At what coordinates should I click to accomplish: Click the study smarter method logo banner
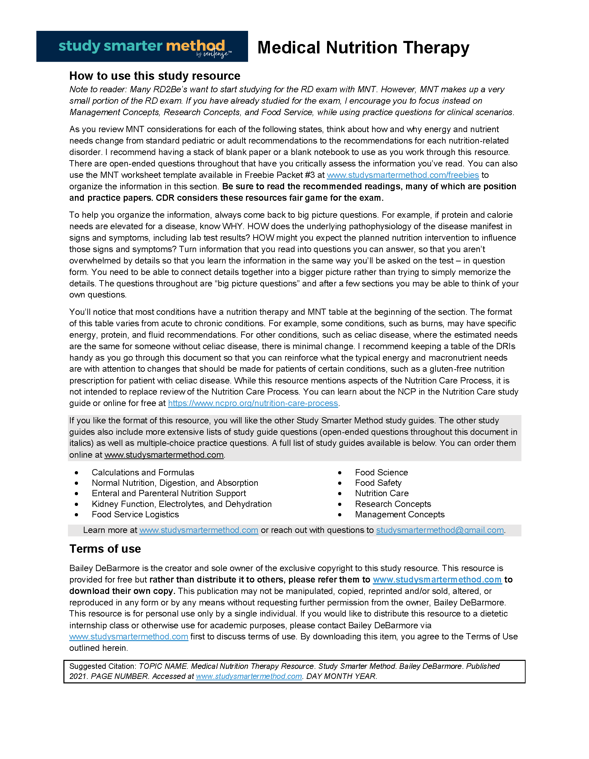pyautogui.click(x=142, y=46)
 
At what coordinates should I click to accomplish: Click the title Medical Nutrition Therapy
pyautogui.click(x=363, y=48)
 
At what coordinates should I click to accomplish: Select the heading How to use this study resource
pyautogui.click(x=155, y=76)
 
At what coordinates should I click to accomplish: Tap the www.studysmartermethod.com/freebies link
pyautogui.click(x=403, y=175)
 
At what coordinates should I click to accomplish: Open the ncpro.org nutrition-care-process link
pyautogui.click(x=253, y=403)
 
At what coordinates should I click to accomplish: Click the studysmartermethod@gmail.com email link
pyautogui.click(x=440, y=530)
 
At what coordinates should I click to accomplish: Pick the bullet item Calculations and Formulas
pyautogui.click(x=143, y=472)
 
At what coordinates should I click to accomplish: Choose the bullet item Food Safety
pyautogui.click(x=378, y=483)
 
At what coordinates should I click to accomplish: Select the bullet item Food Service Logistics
pyautogui.click(x=135, y=514)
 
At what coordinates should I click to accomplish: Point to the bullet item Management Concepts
pyautogui.click(x=399, y=514)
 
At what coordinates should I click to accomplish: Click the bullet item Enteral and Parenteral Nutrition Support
pyautogui.click(x=169, y=493)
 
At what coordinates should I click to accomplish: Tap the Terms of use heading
pyautogui.click(x=105, y=549)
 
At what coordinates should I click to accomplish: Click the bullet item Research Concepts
pyautogui.click(x=393, y=504)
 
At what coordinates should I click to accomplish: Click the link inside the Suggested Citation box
pyautogui.click(x=249, y=676)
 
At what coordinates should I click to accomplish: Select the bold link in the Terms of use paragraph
pyautogui.click(x=437, y=580)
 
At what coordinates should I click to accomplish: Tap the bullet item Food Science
pyautogui.click(x=381, y=472)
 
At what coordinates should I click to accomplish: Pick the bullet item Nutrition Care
pyautogui.click(x=382, y=493)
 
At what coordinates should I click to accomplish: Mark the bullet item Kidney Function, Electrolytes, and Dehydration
pyautogui.click(x=182, y=504)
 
